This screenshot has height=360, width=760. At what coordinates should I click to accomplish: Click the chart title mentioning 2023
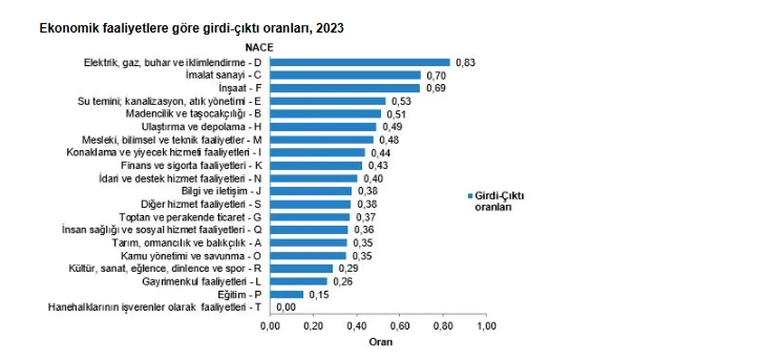point(191,28)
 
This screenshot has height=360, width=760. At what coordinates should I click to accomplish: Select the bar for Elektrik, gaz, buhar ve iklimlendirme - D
point(360,62)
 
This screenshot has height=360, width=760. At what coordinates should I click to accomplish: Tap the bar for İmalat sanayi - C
point(346,75)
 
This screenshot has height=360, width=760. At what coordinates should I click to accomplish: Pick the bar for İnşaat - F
point(345,88)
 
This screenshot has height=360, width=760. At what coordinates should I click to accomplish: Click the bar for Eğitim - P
point(287,294)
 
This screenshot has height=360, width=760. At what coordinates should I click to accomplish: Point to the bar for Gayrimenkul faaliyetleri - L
point(299,281)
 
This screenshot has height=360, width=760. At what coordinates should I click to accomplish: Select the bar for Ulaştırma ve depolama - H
point(324,127)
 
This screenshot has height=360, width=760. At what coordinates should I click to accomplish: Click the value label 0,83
point(467,62)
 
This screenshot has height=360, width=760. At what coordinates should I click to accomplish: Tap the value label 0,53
point(401,101)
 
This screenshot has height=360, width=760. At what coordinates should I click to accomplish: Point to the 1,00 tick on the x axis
point(487,326)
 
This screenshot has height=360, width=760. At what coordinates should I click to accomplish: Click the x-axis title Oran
point(381,342)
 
